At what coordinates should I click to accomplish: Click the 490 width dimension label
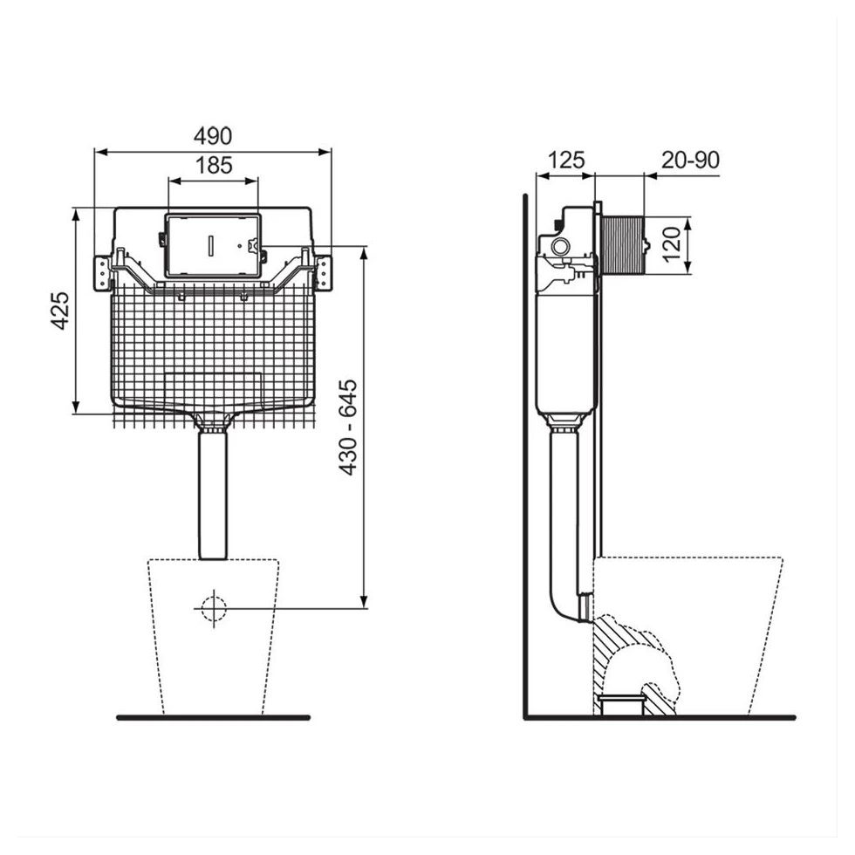pos(213,137)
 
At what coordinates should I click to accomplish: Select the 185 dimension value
pos(213,166)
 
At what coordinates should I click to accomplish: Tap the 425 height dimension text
pos(60,310)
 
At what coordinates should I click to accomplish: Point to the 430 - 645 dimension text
pos(348,427)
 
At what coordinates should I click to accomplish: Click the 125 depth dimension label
pos(565,161)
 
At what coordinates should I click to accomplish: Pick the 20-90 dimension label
pos(690,161)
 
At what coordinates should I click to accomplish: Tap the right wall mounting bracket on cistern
pos(324,270)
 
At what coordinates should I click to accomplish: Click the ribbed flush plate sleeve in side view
pos(621,244)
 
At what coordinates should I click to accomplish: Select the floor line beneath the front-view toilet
pos(213,717)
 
